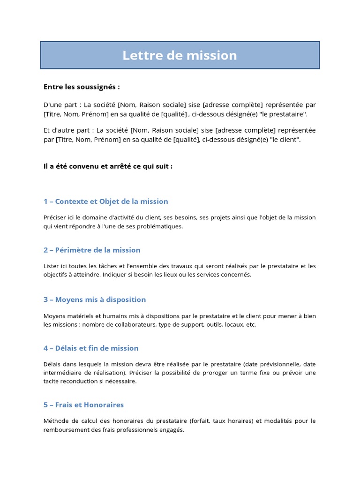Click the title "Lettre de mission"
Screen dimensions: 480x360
180,55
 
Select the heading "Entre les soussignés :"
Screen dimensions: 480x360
82,87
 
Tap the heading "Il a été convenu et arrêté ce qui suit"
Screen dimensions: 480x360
108,166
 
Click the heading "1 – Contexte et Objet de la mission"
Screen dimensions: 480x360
105,202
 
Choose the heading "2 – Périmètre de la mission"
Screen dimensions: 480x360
92,250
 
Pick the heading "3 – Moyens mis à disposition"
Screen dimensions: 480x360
95,300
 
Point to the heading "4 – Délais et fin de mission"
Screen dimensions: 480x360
91,348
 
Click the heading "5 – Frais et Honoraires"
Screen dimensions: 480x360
83,405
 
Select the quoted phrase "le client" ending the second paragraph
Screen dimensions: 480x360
283,140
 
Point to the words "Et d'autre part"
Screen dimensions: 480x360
61,130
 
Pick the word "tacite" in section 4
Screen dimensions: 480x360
51,381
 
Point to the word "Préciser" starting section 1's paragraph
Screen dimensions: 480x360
55,217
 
